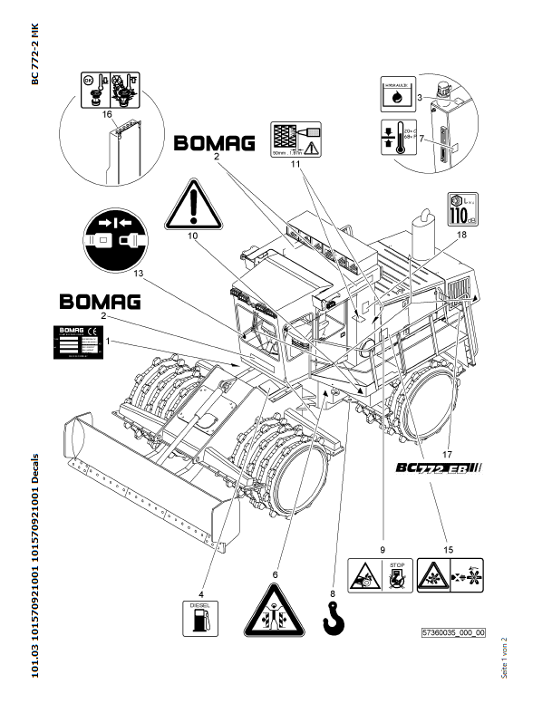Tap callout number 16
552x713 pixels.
(107, 115)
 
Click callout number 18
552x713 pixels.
(461, 235)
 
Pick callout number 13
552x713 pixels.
(138, 272)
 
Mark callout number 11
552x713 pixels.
(295, 166)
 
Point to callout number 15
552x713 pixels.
(446, 549)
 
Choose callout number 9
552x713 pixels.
(383, 549)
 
